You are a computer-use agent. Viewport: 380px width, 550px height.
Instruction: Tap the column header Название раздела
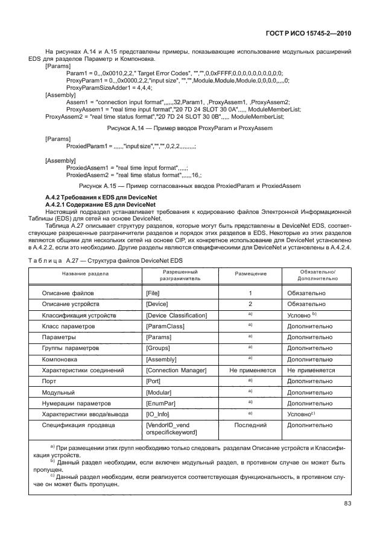84,273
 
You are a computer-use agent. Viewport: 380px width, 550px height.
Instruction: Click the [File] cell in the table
153,293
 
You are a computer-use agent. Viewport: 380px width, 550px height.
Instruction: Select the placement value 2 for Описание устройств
250,304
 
